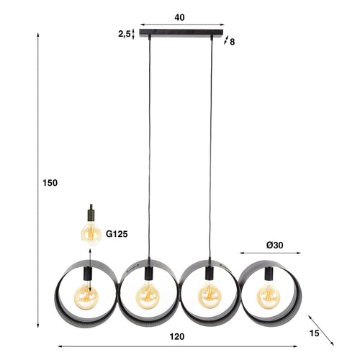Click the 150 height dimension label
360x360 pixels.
(x=50, y=183)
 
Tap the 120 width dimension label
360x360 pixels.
(x=178, y=337)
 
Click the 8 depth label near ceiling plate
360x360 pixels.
(x=232, y=42)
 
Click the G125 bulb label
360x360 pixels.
(x=117, y=233)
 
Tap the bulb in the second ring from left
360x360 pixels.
(x=148, y=295)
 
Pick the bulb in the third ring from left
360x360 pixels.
(x=210, y=295)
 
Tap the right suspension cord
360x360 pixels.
(x=212, y=144)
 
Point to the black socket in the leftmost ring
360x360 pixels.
(x=88, y=274)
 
